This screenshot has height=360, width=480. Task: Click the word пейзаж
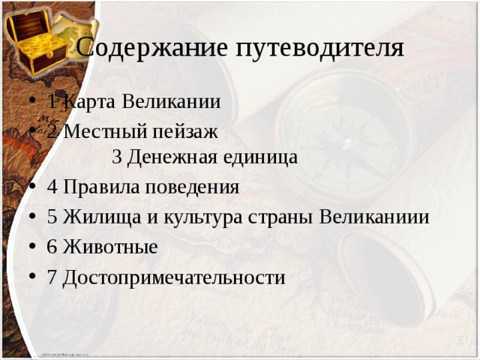[x=184, y=132]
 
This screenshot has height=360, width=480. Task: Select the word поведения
[x=193, y=187]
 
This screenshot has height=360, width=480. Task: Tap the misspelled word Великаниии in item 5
[x=374, y=217]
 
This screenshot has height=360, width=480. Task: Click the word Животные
[x=110, y=247]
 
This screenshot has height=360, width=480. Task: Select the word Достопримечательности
[x=174, y=277]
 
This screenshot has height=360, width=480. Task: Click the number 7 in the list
[x=52, y=277]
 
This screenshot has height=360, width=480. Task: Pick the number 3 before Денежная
[x=117, y=157]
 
